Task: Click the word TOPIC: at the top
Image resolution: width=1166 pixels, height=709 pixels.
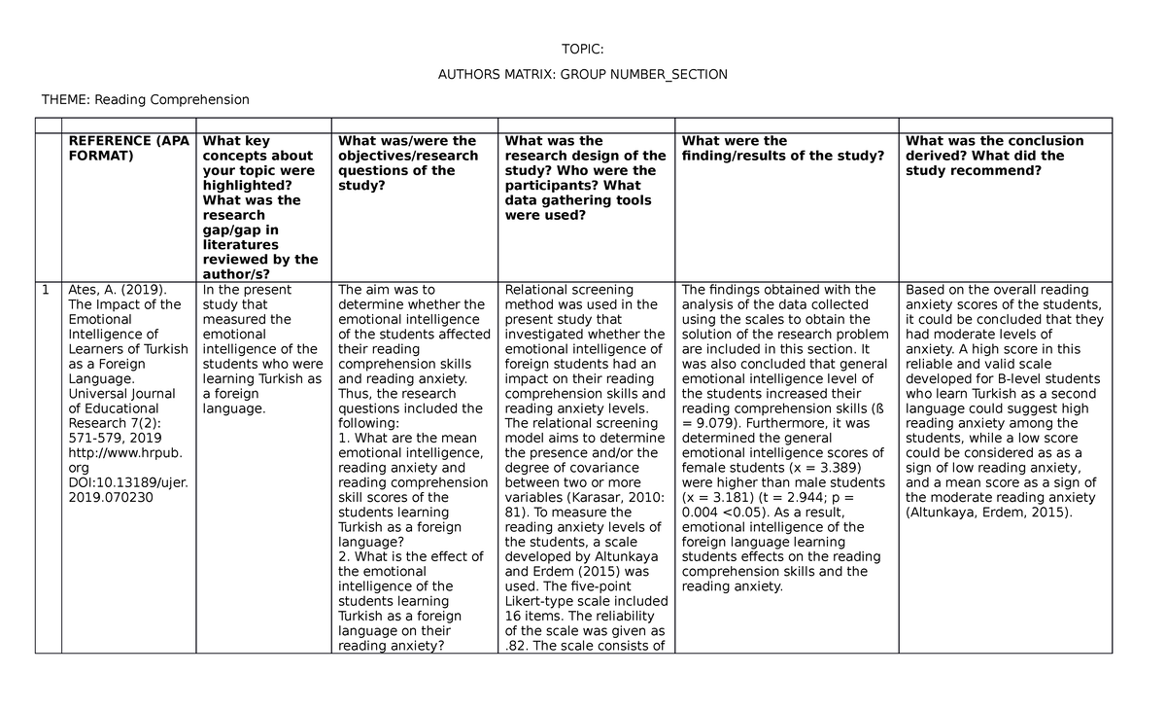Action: (x=582, y=51)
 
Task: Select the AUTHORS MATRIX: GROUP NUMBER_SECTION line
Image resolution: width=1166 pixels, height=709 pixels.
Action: (x=582, y=75)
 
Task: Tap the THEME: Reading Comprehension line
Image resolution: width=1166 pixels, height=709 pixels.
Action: (x=145, y=99)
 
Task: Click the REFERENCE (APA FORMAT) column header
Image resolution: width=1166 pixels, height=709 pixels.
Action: (x=127, y=148)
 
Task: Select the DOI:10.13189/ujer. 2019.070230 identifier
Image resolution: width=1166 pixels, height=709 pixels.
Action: (x=127, y=490)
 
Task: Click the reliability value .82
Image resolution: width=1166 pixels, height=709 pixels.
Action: (x=516, y=646)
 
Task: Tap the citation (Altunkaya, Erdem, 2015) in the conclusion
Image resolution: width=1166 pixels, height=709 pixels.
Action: (x=988, y=513)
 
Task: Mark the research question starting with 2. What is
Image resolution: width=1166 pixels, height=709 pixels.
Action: (x=410, y=556)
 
